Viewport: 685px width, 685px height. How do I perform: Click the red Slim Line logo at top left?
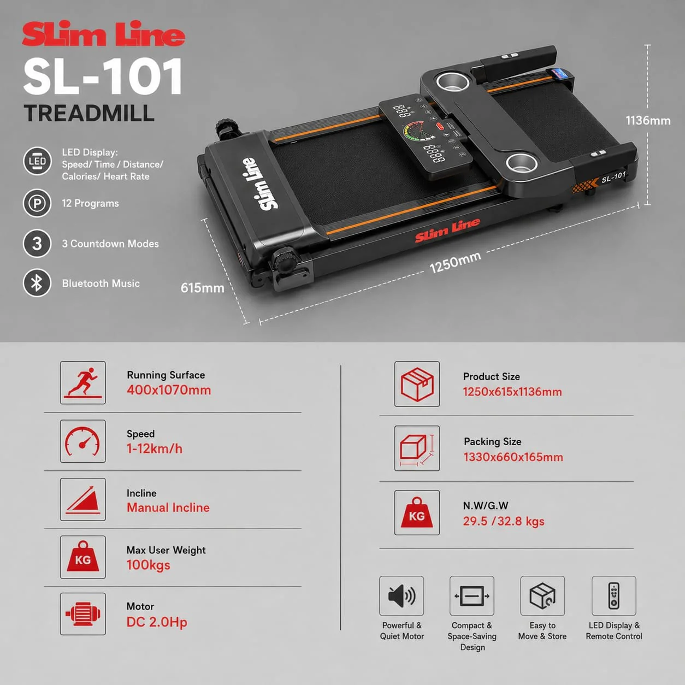(103, 34)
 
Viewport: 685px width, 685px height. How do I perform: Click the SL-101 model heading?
(103, 77)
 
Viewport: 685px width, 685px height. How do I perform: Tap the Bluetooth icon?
(37, 283)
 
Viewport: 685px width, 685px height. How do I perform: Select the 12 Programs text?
(90, 203)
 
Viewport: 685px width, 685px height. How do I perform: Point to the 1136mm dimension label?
(648, 121)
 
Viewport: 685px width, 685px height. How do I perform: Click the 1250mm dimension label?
(456, 262)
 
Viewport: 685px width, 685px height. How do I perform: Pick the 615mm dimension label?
(202, 287)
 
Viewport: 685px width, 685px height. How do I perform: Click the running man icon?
(83, 382)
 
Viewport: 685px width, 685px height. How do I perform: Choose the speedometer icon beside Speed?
(82, 441)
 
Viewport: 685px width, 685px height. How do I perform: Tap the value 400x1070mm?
(169, 390)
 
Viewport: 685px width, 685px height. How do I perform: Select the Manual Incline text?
(168, 507)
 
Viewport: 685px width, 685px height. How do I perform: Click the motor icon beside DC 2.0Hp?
(83, 614)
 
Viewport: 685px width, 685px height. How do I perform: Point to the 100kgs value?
(148, 565)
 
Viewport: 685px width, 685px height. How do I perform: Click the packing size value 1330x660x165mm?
(513, 457)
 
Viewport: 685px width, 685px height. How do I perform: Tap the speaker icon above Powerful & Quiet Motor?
(401, 596)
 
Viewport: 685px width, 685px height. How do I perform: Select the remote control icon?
(614, 596)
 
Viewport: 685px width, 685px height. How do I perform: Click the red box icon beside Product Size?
(417, 384)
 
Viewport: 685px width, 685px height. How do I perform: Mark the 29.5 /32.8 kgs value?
(503, 522)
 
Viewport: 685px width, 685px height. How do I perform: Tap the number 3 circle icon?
(37, 244)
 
